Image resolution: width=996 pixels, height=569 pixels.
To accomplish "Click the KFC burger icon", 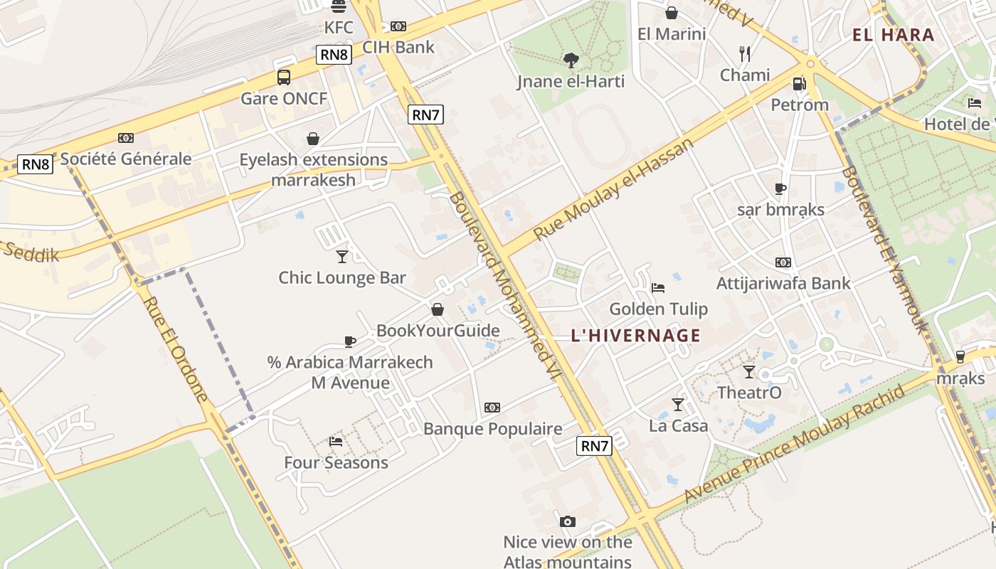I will click(339, 6).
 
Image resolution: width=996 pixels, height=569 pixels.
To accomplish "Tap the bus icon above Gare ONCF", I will click(284, 78).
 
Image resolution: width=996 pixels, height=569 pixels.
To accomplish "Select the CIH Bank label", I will click(398, 48).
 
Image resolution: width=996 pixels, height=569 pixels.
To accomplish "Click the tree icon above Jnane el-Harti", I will click(571, 60).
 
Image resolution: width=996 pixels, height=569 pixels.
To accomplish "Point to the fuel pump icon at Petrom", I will click(800, 84).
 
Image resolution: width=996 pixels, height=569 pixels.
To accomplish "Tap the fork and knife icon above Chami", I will click(745, 54).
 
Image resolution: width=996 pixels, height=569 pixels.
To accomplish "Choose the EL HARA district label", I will click(893, 34).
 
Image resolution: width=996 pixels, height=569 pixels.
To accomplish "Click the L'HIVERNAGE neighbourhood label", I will click(635, 336).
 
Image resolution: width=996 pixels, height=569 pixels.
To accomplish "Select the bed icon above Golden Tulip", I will click(658, 288).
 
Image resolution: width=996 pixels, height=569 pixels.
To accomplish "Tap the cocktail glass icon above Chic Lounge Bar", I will click(342, 257).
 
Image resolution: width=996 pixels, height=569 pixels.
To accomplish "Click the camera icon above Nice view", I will click(567, 521).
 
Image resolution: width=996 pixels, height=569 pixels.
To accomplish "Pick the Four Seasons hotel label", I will click(336, 463).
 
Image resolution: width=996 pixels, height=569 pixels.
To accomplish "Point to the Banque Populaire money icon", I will click(492, 408).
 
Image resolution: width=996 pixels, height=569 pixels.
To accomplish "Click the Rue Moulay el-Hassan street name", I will click(613, 189).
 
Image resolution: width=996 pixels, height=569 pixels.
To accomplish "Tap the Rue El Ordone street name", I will click(175, 349).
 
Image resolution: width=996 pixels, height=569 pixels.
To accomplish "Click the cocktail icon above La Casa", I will click(678, 405).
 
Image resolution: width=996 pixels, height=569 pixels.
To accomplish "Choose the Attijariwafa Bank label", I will click(783, 283).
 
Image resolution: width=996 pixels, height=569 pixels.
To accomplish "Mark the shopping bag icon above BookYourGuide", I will click(438, 309).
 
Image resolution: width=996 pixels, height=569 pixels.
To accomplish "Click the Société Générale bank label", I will click(126, 159).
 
